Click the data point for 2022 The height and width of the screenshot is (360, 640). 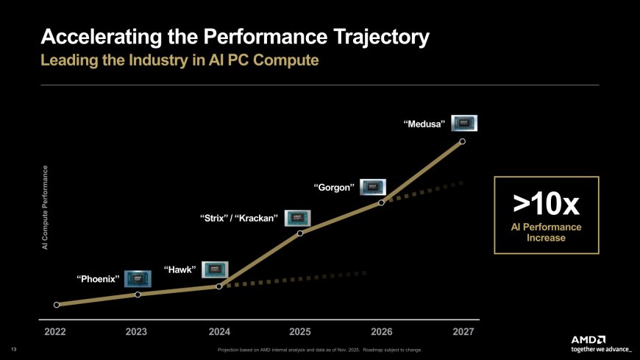click(57, 304)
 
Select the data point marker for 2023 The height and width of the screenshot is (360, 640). click(138, 294)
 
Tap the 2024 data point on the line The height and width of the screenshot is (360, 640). click(219, 286)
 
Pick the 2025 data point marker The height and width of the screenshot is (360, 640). click(300, 233)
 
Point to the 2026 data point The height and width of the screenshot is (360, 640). click(381, 202)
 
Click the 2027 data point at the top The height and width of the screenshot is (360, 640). click(462, 141)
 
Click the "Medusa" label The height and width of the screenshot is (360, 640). click(424, 125)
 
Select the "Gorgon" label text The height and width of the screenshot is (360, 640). click(334, 187)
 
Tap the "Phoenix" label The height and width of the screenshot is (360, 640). click(99, 279)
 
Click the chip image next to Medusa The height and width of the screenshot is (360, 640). click(464, 123)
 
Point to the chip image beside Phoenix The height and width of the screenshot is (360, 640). click(138, 278)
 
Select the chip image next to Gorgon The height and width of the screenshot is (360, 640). click(372, 186)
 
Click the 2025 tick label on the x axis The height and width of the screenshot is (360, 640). click(300, 332)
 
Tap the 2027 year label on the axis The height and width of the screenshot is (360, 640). click(463, 332)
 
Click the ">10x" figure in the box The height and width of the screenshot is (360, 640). click(546, 201)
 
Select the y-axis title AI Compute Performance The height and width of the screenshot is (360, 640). click(45, 208)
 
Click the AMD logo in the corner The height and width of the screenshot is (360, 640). click(589, 339)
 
